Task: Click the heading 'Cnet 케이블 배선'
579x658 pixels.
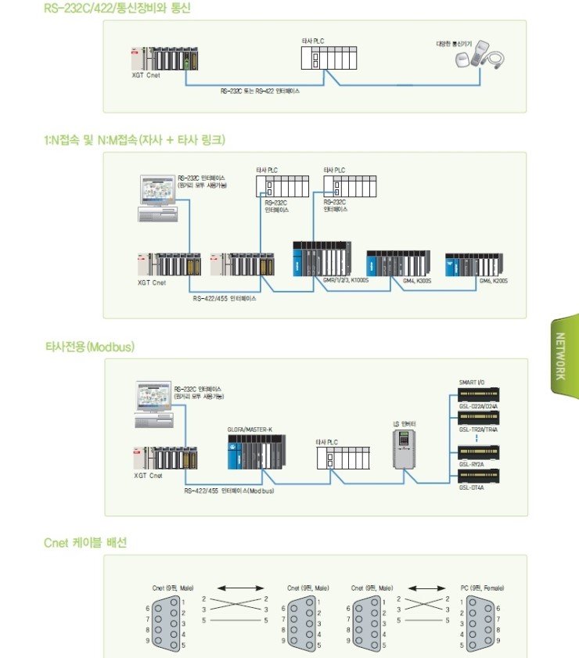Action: click(85, 542)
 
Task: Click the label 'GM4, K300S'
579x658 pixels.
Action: click(418, 280)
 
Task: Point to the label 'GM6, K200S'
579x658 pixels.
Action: click(494, 280)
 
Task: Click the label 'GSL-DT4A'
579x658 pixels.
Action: click(471, 487)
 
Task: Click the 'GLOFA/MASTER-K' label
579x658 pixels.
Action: click(250, 430)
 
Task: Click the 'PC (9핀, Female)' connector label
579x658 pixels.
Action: click(482, 587)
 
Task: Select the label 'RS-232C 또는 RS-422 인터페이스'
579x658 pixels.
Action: click(260, 91)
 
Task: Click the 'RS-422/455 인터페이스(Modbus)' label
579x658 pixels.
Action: click(228, 491)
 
